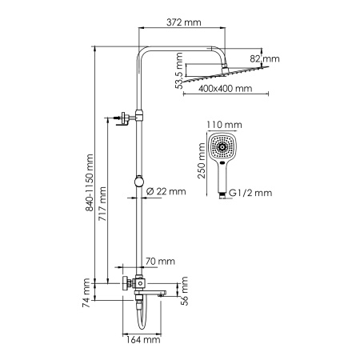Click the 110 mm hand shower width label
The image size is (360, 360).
224,125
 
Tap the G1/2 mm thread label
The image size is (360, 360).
250,193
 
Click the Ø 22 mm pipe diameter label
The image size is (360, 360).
166,190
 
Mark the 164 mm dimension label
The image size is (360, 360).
146,340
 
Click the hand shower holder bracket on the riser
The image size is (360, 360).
125,119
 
